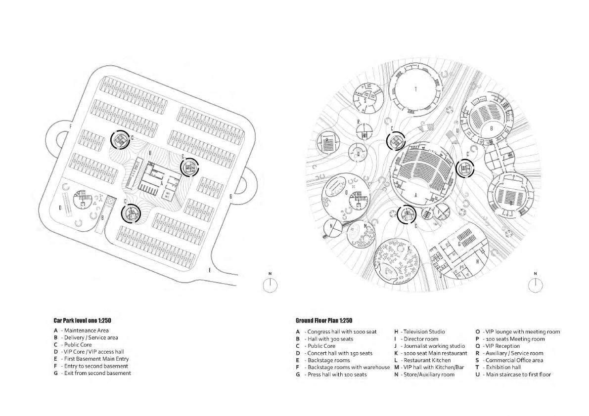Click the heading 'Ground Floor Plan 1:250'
coord(324,321)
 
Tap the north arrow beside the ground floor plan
coord(535,285)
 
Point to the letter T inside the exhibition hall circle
coord(416,89)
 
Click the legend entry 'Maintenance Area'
coord(86,330)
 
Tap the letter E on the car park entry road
coord(210,270)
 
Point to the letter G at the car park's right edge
coord(230,196)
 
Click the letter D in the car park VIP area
coord(60,208)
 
